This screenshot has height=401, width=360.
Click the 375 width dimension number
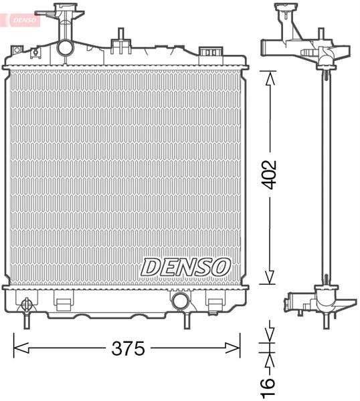pos(128,348)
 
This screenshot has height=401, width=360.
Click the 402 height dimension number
pos(270,174)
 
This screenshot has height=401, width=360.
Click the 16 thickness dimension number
pos(268,386)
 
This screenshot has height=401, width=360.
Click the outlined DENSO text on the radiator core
pos(185,267)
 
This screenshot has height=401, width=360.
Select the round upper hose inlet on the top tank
pos(65,47)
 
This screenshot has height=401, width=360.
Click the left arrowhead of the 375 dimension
pos(21,348)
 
